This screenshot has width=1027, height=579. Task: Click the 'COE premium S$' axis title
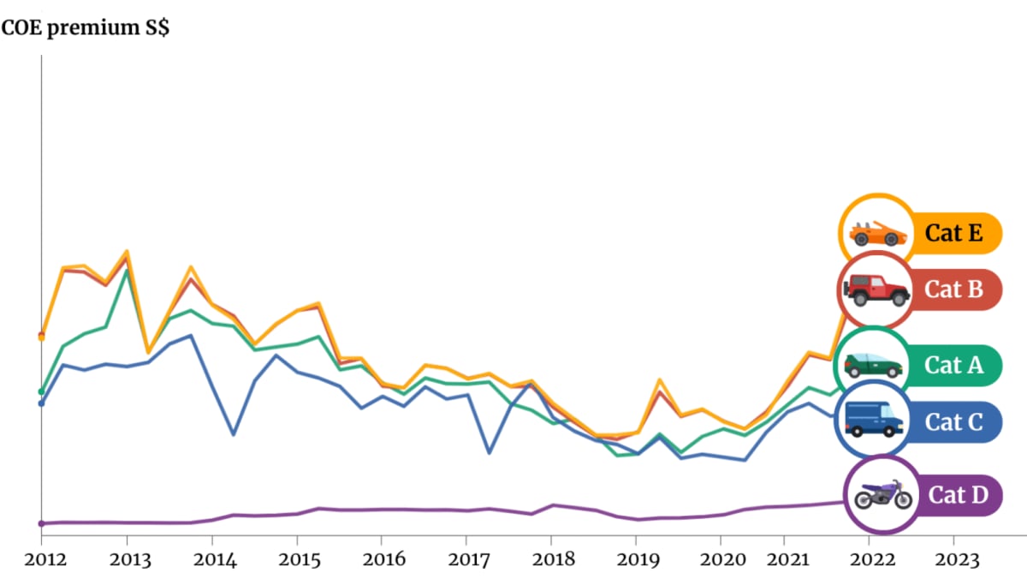coord(86,28)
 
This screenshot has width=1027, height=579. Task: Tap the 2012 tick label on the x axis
coord(45,560)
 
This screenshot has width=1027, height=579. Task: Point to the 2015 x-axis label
coord(300,560)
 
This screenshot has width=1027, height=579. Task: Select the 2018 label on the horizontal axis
coord(554,560)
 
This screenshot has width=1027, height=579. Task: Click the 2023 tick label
coord(957,560)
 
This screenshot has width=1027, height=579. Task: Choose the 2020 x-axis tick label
coord(723,560)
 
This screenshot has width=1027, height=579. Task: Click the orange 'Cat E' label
coord(953,233)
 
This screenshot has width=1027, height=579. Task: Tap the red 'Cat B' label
coord(953,289)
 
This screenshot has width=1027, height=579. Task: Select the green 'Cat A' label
coord(953,366)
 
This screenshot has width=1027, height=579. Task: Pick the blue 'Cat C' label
coord(953,422)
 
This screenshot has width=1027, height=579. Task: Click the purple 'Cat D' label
coord(959,495)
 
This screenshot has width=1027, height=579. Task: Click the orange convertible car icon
coord(877,234)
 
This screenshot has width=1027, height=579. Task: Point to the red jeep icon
coord(876,290)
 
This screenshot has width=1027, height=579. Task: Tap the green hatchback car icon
coord(874,365)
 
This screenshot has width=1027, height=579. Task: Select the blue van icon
coord(874,420)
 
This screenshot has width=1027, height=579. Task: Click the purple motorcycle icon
coord(883,494)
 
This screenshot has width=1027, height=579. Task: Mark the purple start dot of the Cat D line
coord(41,523)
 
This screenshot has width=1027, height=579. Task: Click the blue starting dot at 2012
coord(41,403)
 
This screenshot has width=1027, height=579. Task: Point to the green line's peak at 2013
coord(126,271)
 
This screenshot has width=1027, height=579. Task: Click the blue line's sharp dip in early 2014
coord(234,434)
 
